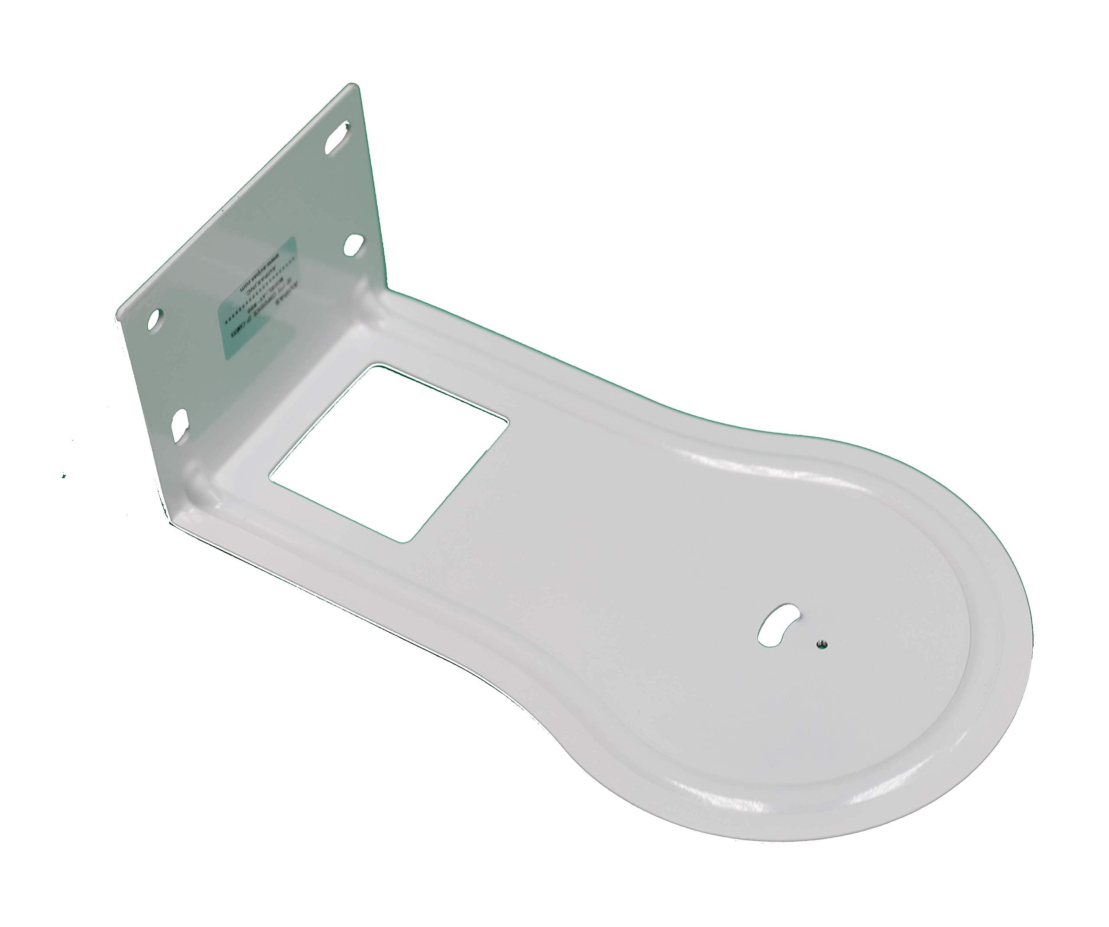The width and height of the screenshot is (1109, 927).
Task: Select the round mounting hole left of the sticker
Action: [154, 320]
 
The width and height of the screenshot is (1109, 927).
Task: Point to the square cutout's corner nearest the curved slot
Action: [508, 421]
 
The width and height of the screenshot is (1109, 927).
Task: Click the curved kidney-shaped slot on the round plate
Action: [778, 624]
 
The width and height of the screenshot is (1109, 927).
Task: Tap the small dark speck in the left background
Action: [64, 476]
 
